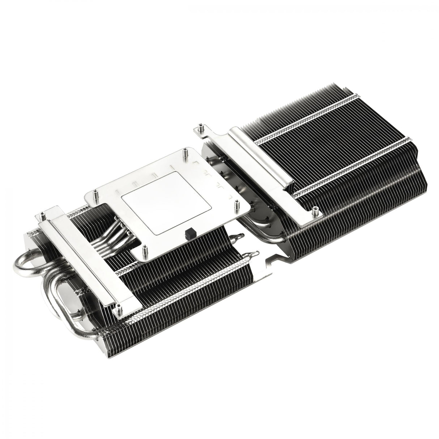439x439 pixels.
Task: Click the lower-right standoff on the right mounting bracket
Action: pos(315,210)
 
